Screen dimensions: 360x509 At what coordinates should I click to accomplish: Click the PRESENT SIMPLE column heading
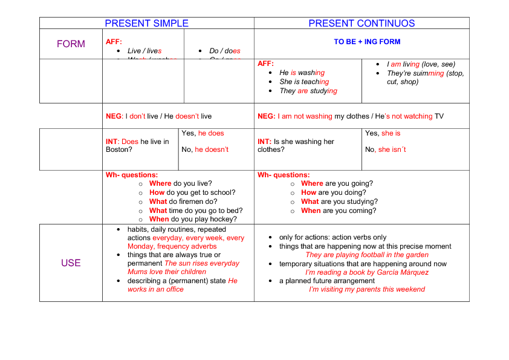(x=146, y=24)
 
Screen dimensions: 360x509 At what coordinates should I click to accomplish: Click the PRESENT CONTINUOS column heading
(x=361, y=24)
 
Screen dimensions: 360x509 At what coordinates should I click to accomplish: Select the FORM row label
(x=71, y=44)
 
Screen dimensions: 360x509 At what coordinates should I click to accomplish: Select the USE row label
(x=71, y=263)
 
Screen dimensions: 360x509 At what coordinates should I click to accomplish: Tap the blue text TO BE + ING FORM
(x=367, y=42)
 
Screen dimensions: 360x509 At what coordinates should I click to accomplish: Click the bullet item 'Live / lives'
(x=144, y=51)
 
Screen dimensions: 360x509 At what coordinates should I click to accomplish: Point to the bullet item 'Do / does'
(x=225, y=51)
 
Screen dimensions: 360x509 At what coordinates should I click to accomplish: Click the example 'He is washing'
(x=302, y=73)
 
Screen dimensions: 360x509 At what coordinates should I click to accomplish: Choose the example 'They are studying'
(x=308, y=91)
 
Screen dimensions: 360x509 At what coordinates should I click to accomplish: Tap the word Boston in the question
(x=117, y=149)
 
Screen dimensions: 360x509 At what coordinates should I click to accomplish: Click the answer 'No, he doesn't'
(x=205, y=149)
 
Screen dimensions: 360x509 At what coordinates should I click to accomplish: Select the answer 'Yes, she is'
(x=383, y=133)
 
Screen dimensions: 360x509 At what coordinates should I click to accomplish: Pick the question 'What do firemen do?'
(x=183, y=201)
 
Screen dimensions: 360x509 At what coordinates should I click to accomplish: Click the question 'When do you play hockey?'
(x=193, y=219)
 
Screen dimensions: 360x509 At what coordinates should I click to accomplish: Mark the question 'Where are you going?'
(x=337, y=183)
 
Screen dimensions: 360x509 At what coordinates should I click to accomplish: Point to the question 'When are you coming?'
(x=339, y=211)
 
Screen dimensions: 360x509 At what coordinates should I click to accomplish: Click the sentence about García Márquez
(x=367, y=272)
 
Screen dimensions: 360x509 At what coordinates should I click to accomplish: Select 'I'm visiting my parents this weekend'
(x=367, y=289)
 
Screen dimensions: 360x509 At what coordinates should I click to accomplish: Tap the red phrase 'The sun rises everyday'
(x=202, y=263)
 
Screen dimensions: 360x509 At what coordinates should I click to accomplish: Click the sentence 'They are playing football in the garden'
(x=367, y=255)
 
